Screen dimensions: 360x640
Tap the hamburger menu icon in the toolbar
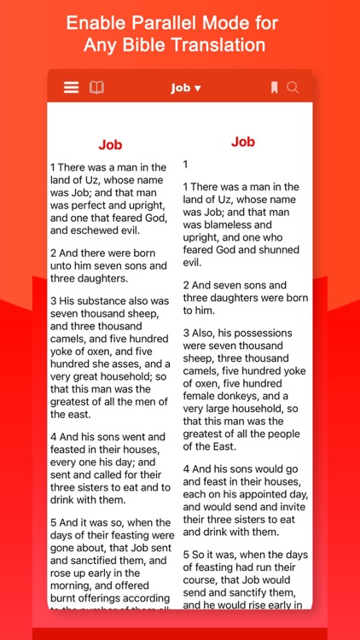[x=72, y=87]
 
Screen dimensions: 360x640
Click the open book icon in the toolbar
[x=96, y=87]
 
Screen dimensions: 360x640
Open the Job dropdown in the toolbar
[x=186, y=88]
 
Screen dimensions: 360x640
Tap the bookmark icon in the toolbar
[x=274, y=87]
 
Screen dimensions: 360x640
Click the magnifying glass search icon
[x=293, y=87]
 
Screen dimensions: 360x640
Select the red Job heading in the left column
[x=111, y=145]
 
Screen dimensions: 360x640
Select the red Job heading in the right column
[x=243, y=142]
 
